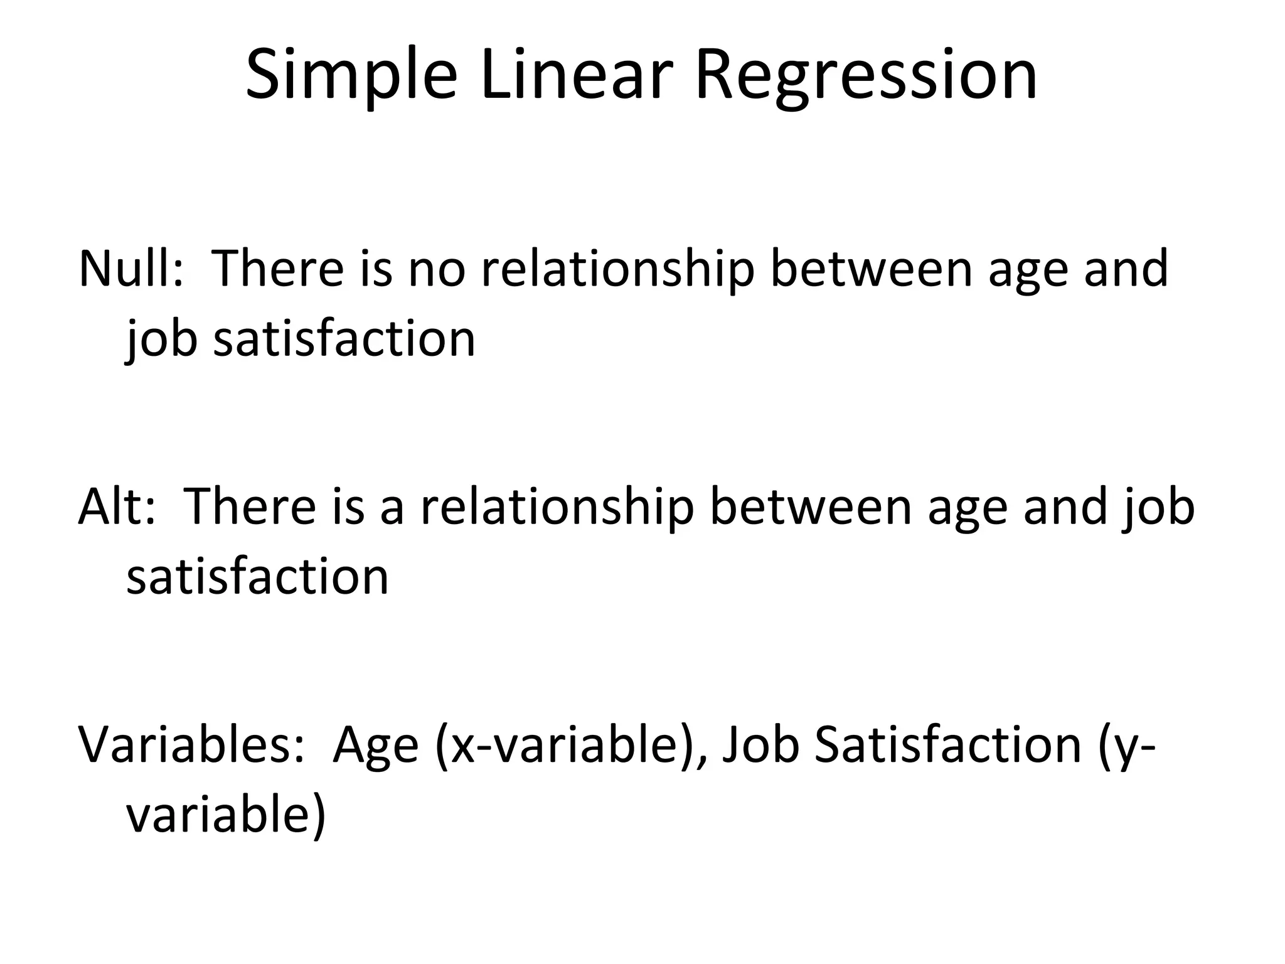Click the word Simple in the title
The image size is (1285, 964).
pos(351,75)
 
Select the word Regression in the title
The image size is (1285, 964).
pos(866,75)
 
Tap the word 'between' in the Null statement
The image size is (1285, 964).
pos(871,269)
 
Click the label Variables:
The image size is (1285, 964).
pos(191,744)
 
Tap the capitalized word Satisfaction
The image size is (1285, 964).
pos(948,744)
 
